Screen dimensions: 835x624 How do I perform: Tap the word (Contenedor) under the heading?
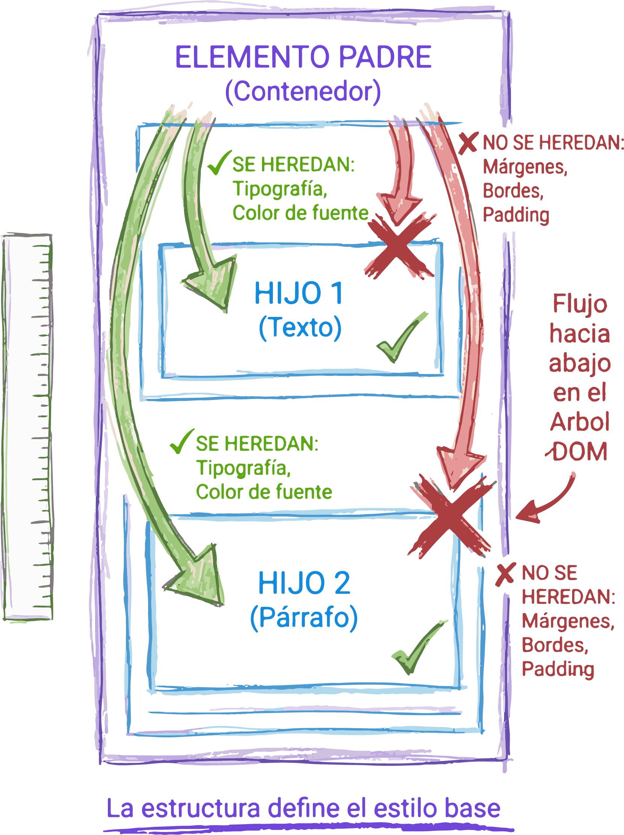(x=303, y=91)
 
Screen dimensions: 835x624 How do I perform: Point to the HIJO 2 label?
(x=304, y=583)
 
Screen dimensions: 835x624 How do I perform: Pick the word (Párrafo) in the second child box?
(x=303, y=618)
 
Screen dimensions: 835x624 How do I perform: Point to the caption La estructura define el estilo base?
(x=303, y=808)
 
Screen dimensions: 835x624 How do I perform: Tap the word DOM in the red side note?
(x=580, y=452)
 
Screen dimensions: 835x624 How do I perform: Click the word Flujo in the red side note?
(x=580, y=304)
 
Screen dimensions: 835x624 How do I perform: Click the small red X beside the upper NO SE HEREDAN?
(x=468, y=142)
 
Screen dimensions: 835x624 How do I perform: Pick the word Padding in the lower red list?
(x=558, y=669)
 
